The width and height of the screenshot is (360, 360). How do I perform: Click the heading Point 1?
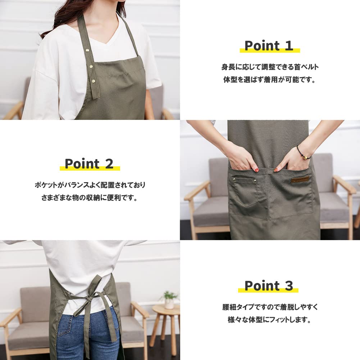click(x=269, y=46)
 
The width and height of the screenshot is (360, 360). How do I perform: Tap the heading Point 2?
click(x=89, y=164)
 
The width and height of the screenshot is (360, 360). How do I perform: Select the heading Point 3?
click(x=269, y=286)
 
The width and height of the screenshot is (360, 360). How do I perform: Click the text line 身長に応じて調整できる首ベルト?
click(x=270, y=67)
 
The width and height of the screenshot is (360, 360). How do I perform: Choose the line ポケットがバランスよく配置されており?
click(x=90, y=185)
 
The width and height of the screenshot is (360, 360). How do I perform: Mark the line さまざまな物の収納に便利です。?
click(x=90, y=198)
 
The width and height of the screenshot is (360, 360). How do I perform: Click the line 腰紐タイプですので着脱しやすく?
click(x=270, y=307)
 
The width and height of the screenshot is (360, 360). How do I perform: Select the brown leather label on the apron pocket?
click(x=300, y=179)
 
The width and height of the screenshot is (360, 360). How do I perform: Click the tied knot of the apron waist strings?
click(x=86, y=298)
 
